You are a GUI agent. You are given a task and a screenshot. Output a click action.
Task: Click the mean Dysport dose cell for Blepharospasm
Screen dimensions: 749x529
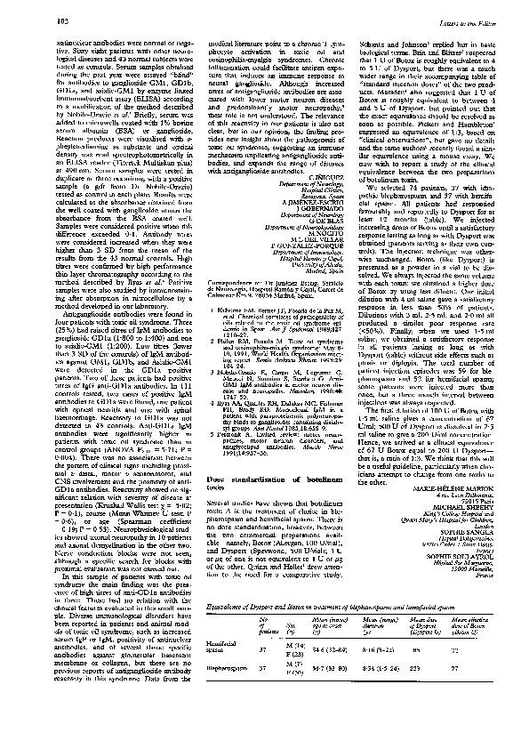tap(426, 679)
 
